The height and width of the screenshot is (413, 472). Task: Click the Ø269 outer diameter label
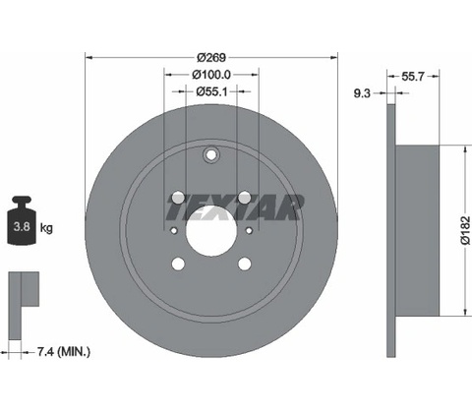click(x=211, y=57)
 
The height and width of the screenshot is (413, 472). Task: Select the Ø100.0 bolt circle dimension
click(x=211, y=75)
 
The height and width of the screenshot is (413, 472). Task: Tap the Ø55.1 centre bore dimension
click(x=211, y=91)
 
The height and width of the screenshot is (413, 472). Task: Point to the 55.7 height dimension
click(x=413, y=77)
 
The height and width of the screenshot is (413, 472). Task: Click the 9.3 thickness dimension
click(x=362, y=93)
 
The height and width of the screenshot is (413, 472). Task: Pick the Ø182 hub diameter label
click(x=466, y=230)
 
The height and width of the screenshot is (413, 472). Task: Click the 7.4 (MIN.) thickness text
click(x=64, y=352)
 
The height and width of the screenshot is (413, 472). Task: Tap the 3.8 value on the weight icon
click(x=22, y=226)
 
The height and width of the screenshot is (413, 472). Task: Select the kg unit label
click(x=46, y=227)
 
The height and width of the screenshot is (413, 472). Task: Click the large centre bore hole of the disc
click(x=211, y=231)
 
